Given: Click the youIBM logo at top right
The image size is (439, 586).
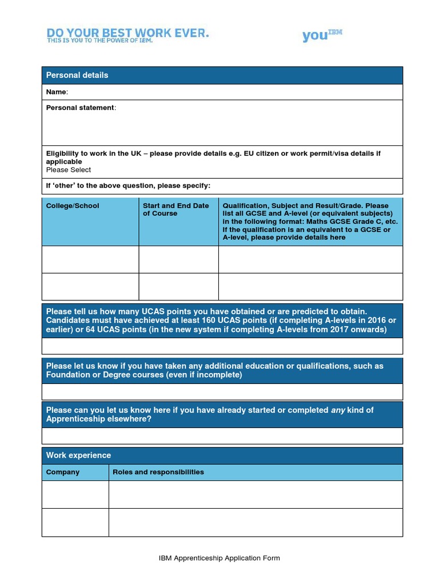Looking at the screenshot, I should [322, 35].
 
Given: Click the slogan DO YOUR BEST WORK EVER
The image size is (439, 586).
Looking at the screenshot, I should [127, 34].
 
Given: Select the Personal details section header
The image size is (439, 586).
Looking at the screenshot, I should [77, 75].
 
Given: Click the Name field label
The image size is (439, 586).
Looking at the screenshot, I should [57, 92].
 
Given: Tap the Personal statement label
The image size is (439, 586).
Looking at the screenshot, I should [81, 108].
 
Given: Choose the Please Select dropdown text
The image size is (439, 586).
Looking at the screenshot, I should [69, 169].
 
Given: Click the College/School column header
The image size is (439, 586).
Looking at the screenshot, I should [72, 206].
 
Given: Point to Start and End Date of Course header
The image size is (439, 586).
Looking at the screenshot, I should [176, 209].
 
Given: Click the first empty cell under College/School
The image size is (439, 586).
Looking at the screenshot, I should [90, 259].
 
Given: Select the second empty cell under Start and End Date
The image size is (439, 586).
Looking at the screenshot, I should [178, 286].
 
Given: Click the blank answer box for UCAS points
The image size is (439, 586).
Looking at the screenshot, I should [222, 346].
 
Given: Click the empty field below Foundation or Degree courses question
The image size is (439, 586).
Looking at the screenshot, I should [222, 391].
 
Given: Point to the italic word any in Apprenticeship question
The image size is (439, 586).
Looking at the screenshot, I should [338, 410].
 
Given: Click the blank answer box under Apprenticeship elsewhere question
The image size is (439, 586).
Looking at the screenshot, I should [222, 436].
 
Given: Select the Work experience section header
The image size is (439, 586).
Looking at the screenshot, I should [78, 456].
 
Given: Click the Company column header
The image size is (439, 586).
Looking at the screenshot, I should [63, 472].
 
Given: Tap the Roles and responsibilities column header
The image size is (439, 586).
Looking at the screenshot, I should [158, 472].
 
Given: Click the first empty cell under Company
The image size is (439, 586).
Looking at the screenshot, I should [75, 494].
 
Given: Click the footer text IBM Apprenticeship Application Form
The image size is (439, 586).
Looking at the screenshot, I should [219, 558].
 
